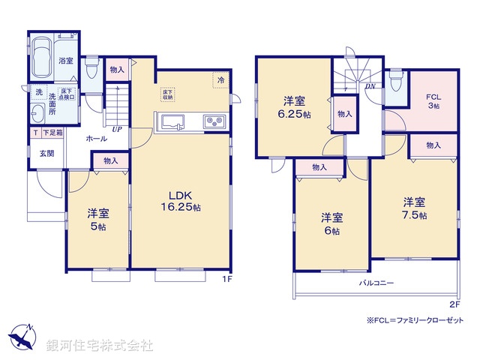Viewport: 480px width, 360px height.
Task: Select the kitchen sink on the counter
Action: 172,121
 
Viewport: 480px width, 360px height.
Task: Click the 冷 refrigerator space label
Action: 221,79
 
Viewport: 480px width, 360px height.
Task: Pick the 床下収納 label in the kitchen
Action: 168,94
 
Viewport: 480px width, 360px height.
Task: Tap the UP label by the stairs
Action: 117,129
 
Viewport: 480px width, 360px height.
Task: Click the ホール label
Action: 95,139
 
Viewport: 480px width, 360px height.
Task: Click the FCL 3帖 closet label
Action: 433,100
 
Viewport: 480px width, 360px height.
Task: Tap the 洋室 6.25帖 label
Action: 293,106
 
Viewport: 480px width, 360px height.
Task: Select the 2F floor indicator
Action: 454,304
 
